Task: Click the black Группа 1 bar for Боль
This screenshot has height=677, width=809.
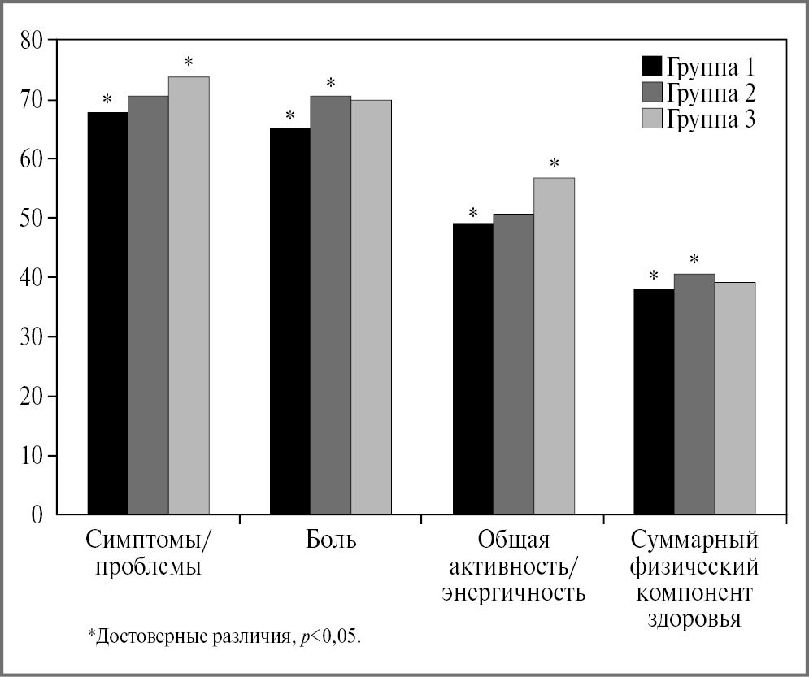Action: (x=289, y=321)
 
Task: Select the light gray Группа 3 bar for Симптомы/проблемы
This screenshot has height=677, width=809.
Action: (x=189, y=295)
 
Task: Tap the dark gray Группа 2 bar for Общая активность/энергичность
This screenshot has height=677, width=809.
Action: (x=513, y=363)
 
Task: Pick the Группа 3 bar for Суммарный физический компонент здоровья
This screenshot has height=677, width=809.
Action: (x=735, y=397)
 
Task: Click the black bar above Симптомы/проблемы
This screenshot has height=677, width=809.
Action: (x=107, y=313)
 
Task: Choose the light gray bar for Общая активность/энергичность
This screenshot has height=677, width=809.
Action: (x=554, y=345)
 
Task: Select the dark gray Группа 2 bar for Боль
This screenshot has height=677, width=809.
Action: (x=330, y=305)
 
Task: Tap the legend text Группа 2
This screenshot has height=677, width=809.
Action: (x=712, y=93)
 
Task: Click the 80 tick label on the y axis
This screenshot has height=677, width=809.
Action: (x=33, y=40)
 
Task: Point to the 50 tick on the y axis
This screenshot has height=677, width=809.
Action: (x=33, y=218)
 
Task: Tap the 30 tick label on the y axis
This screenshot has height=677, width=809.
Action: (x=33, y=336)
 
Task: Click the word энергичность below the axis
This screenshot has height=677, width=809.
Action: (x=513, y=592)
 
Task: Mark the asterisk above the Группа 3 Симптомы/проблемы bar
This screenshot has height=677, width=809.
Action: (x=189, y=62)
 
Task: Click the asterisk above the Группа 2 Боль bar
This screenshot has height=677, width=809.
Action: (x=330, y=82)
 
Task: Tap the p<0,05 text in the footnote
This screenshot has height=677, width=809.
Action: (x=326, y=635)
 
